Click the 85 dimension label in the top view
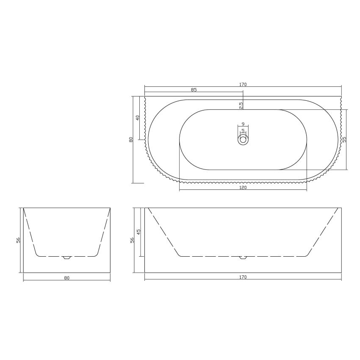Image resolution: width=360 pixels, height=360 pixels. point(194,90)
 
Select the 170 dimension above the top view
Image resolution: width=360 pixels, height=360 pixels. point(243,84)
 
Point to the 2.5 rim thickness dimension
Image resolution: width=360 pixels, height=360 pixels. point(241,105)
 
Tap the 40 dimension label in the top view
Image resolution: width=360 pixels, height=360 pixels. point(138,117)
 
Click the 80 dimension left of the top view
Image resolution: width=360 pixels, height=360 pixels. point(131,139)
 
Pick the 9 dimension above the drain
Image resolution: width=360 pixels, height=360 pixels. point(243,124)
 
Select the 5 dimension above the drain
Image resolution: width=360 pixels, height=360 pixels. point(243,130)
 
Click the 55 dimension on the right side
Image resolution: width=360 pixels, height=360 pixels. point(344,139)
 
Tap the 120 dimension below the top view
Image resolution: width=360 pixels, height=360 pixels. point(243,187)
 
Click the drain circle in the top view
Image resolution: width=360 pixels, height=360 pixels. point(243,139)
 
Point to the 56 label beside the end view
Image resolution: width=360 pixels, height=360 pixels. point(18,240)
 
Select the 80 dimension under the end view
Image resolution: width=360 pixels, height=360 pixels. point(66,278)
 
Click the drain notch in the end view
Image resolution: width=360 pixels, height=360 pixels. point(66,258)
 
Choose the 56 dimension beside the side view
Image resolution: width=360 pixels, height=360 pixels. point(132,240)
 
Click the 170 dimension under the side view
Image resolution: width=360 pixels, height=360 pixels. point(243,277)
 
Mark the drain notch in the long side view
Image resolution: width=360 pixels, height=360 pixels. point(243,258)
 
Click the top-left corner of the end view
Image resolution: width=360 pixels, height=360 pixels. point(23,208)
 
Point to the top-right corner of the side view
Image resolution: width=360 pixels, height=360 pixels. point(341,208)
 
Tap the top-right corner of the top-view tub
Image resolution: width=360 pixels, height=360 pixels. point(341,97)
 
